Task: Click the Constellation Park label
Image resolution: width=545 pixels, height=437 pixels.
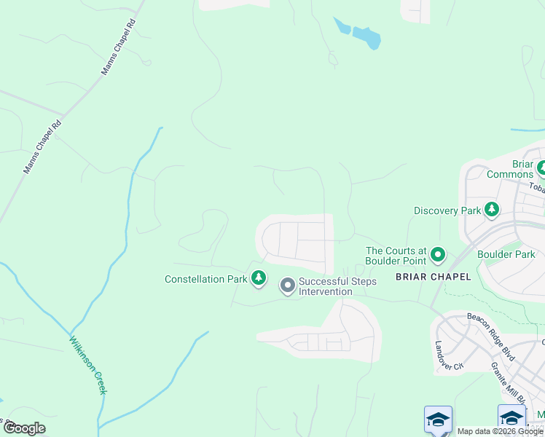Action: (x=207, y=279)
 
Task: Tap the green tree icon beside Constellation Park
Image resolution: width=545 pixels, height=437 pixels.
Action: (x=259, y=277)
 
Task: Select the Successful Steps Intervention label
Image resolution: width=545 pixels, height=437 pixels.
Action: (x=337, y=286)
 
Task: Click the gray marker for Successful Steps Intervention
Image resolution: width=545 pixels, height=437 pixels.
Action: (x=288, y=286)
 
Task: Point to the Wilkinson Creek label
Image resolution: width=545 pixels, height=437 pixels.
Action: (x=88, y=364)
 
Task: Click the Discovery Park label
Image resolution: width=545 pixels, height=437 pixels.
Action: (x=447, y=210)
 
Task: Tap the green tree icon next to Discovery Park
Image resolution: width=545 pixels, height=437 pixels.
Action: (x=492, y=210)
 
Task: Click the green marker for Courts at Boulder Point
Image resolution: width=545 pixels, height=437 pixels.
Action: (x=438, y=255)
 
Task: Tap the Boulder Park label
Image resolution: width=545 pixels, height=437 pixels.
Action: (x=506, y=254)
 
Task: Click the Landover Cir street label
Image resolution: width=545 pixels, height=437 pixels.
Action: (x=449, y=355)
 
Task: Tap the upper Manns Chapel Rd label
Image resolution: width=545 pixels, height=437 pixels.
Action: (x=119, y=55)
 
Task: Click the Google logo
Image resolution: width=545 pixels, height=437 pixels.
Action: (x=24, y=428)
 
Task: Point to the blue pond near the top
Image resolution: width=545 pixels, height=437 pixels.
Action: (x=362, y=34)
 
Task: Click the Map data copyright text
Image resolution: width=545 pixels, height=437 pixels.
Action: (x=500, y=431)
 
